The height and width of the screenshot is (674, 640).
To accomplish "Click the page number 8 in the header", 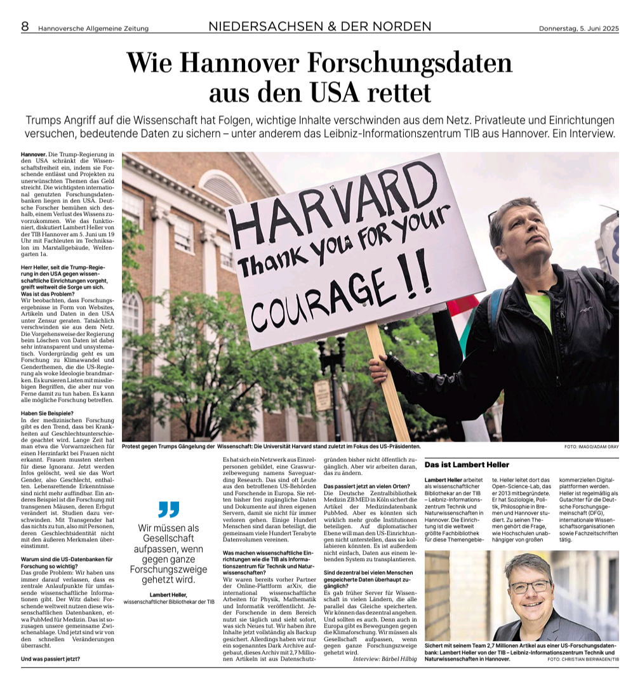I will click(x=25, y=26).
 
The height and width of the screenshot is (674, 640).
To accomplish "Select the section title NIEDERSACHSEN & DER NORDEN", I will click(x=319, y=26).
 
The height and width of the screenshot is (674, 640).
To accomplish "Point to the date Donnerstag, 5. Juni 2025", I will click(x=578, y=28).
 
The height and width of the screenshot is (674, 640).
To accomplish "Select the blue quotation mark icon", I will click(x=169, y=509).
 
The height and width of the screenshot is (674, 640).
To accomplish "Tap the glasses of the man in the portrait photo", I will click(x=531, y=586).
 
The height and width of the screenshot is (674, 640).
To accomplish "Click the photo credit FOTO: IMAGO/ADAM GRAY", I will click(x=590, y=447).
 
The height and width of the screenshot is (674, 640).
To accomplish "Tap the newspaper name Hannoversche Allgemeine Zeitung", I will click(x=93, y=28).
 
